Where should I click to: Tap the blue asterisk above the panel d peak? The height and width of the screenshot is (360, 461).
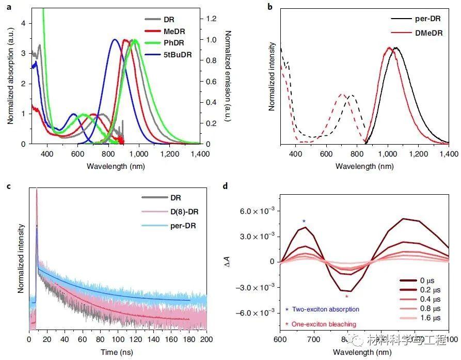tap(304, 222)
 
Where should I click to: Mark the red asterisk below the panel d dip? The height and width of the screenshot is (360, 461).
tap(346, 297)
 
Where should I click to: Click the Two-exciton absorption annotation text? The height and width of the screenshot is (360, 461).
tap(325, 309)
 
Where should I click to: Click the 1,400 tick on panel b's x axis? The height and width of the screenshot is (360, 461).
tap(449, 153)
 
